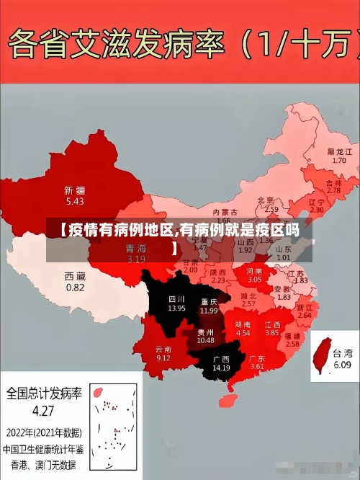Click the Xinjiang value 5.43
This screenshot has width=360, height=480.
[74, 201]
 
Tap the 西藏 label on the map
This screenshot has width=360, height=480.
[75, 276]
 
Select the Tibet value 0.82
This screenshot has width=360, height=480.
[75, 287]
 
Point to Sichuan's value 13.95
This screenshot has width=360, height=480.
[176, 308]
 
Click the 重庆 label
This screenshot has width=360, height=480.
[210, 301]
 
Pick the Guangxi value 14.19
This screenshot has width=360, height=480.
[221, 368]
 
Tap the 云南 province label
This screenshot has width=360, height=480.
[163, 349]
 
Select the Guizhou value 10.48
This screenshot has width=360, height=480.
[205, 340]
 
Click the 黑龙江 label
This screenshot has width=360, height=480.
[340, 152]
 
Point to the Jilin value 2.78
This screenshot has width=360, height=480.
[333, 191]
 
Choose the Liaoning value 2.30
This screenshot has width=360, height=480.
[316, 210]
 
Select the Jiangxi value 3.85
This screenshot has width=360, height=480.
[271, 333]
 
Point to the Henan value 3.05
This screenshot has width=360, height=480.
[255, 278]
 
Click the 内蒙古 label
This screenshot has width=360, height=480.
[225, 212]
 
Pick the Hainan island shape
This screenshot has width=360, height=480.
[231, 397]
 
